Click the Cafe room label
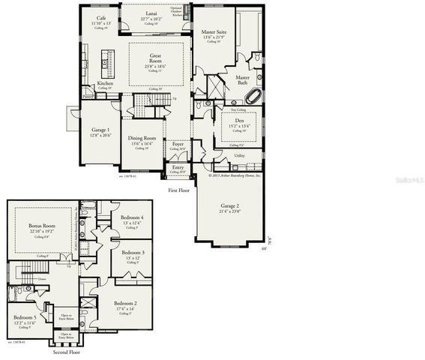coord(100,18)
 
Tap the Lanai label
coord(151,13)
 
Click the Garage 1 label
coord(100,130)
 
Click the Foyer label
coord(177,144)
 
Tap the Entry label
coord(178,167)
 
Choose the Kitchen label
coord(106,82)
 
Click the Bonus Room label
coord(43,226)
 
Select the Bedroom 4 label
coord(132,218)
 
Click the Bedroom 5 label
coord(25,317)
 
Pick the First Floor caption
coord(179,190)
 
